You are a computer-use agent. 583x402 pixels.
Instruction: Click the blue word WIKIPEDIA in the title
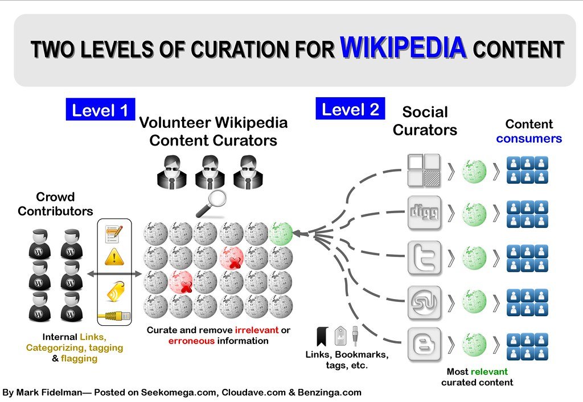coord(403,48)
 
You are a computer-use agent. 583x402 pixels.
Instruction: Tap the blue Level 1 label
coord(100,110)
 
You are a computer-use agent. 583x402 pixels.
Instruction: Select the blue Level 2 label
coord(350,109)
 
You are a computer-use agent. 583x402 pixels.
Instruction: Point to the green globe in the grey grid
coord(281,233)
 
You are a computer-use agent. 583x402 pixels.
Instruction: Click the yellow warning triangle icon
coord(114,257)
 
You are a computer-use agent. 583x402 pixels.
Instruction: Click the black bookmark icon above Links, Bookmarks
coord(322,335)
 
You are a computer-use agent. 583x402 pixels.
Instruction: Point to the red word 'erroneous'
coord(191,341)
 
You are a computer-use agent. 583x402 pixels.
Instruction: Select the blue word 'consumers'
coord(529,139)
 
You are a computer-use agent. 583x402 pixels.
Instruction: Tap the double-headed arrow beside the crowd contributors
coord(114,275)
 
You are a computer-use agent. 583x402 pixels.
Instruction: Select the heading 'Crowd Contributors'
coord(55,205)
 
